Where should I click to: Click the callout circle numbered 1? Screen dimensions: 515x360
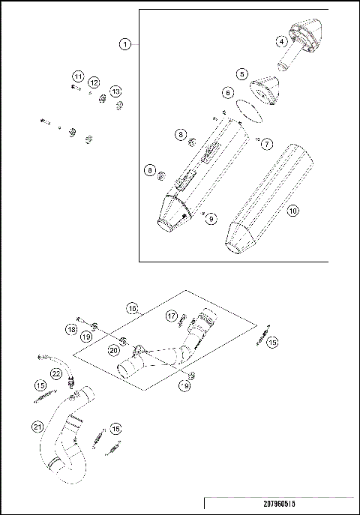[x=125, y=45]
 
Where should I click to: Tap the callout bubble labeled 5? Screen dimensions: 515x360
[x=241, y=74]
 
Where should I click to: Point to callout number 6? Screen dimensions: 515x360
[x=227, y=92]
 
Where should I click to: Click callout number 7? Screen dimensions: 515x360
[x=268, y=142]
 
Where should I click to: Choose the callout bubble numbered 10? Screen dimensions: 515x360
[x=293, y=211]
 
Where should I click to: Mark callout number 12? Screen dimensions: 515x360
[x=94, y=82]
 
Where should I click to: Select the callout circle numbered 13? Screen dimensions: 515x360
[x=115, y=91]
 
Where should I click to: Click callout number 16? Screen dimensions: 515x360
[x=132, y=308]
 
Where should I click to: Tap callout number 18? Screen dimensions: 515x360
[x=72, y=329]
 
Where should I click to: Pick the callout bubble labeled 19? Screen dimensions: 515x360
[x=88, y=337]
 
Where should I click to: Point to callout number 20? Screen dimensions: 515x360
[x=113, y=349]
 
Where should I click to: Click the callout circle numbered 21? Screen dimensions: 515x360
[x=37, y=427]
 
